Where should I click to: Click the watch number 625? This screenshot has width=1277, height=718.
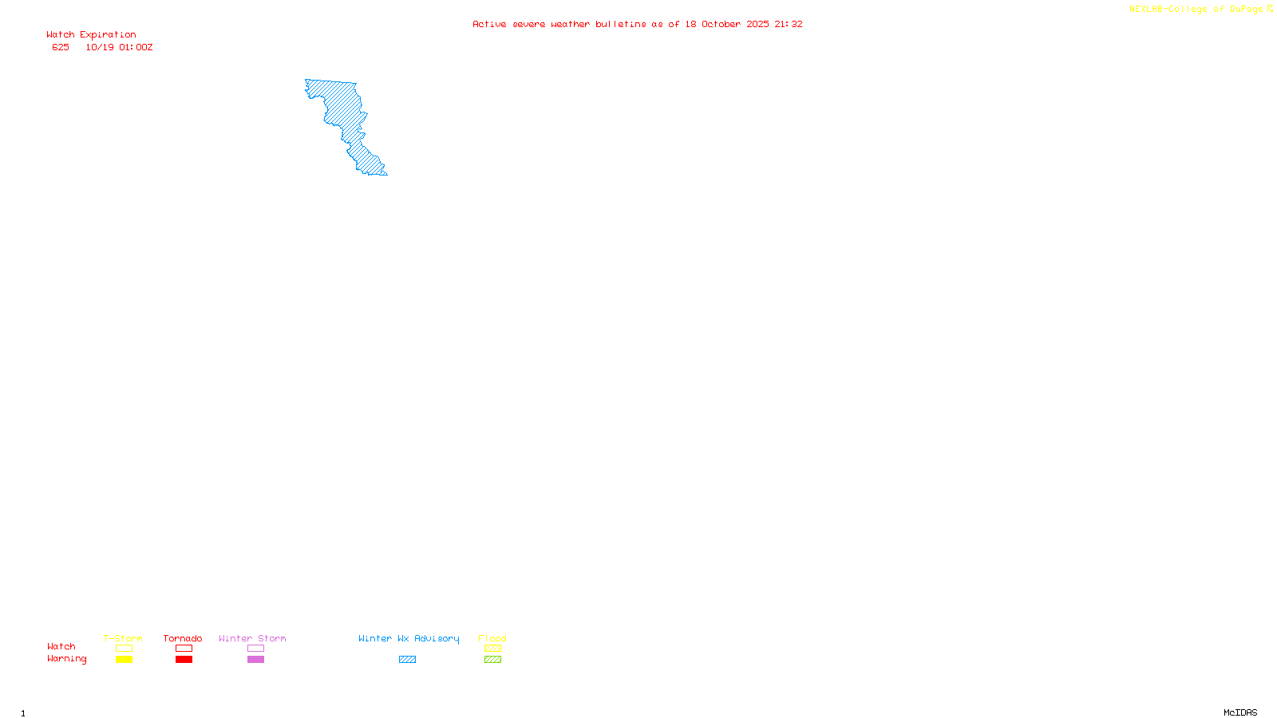coord(61,48)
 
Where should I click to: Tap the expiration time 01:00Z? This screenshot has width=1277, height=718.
coord(136,48)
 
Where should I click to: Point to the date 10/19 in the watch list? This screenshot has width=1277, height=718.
coord(100,48)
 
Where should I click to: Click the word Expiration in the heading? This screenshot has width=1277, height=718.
coord(108,35)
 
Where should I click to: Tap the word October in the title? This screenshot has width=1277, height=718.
coord(721,24)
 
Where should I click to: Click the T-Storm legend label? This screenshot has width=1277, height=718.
coord(123,638)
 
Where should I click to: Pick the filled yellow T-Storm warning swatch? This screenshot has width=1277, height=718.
coord(124,660)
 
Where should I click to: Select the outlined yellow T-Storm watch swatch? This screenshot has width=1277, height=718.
coord(124,649)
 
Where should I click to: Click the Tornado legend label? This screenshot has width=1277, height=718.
coord(183,638)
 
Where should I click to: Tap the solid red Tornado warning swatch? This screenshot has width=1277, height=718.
coord(184,660)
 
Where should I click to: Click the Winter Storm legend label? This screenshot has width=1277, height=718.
coord(252,638)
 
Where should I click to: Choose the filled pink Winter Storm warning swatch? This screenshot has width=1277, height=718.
coord(255,660)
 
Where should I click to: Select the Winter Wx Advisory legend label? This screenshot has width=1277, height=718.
coord(409,638)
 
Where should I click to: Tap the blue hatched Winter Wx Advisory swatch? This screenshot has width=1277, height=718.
coord(407,660)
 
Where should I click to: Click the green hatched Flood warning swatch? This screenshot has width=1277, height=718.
coord(492,660)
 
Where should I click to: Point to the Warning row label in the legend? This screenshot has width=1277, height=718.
coord(66,659)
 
